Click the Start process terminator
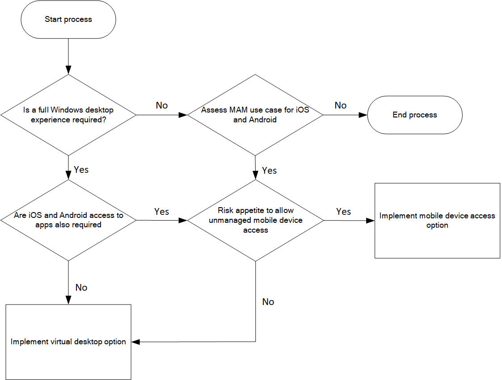tap(68, 20)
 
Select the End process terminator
tap(415, 115)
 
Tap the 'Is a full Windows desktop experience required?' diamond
tap(68, 115)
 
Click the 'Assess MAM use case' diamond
tap(255, 115)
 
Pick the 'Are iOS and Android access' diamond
tap(68, 220)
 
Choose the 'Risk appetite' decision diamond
tap(255, 220)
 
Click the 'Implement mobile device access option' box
tap(437, 221)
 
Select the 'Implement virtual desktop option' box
tap(68, 342)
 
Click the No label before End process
tap(341, 105)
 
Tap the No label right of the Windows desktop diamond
tap(162, 105)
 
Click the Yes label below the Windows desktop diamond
tap(81, 170)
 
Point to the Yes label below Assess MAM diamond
tap(269, 171)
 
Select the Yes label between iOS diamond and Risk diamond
tap(161, 211)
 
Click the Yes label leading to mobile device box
tap(343, 212)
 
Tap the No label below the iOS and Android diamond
tap(81, 288)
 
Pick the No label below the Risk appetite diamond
tap(268, 302)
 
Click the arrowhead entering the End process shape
tap(363, 115)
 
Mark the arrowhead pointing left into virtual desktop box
tap(135, 342)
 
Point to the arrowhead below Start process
tap(68, 70)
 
